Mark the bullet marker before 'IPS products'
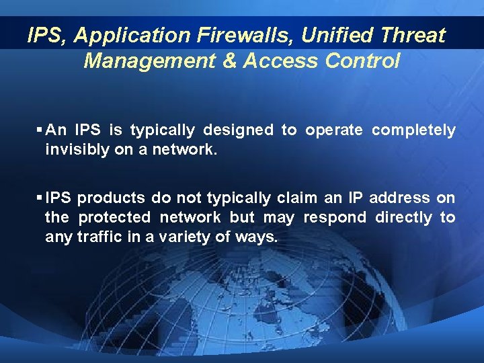click(x=40, y=198)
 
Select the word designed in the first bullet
click(x=237, y=130)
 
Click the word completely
click(x=413, y=130)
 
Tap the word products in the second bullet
click(x=111, y=198)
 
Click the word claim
click(x=294, y=198)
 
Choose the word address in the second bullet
click(x=399, y=198)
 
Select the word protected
click(x=114, y=217)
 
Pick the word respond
click(x=335, y=217)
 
